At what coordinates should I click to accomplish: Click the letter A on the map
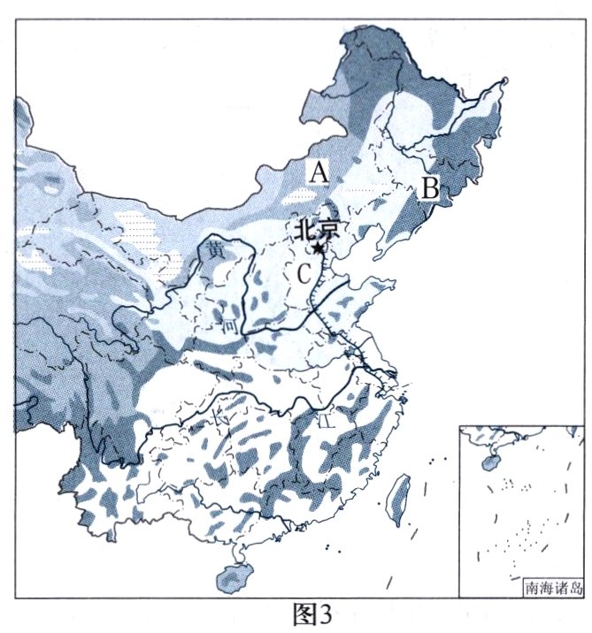[319, 172]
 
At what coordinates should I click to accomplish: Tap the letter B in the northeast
[429, 187]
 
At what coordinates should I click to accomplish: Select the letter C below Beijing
[304, 273]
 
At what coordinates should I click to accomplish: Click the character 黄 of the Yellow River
[217, 251]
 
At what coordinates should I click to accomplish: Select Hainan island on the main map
[232, 576]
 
